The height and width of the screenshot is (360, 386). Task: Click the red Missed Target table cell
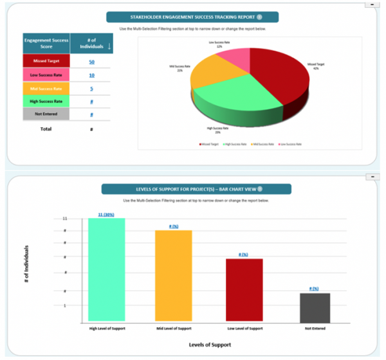(x=46, y=61)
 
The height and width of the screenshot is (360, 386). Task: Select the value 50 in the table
(x=92, y=61)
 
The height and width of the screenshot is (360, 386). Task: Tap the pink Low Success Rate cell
(x=46, y=75)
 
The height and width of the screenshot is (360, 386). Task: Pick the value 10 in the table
(x=92, y=75)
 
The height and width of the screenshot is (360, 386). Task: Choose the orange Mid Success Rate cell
(x=46, y=88)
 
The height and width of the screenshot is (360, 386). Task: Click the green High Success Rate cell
(x=46, y=101)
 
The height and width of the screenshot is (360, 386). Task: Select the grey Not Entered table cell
(x=46, y=114)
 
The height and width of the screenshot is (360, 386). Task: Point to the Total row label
(x=46, y=129)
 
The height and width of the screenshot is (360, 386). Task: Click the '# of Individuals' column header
(x=92, y=43)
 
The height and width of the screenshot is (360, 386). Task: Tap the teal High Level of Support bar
(x=107, y=270)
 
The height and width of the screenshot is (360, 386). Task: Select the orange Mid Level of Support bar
(x=174, y=276)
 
